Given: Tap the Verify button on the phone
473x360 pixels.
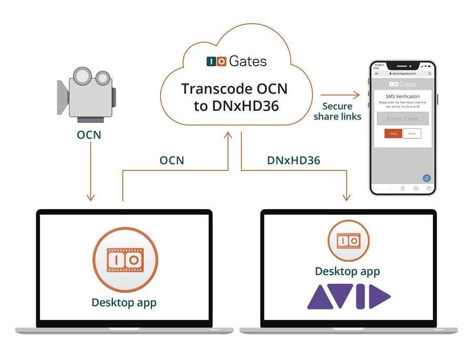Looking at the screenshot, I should click(393, 133).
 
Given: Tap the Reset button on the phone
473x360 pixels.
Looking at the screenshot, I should click(412, 133).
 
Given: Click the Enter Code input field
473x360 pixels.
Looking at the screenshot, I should click(403, 119).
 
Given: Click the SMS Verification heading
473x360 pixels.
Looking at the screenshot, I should click(403, 97).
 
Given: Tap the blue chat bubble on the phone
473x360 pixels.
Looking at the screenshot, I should click(427, 178).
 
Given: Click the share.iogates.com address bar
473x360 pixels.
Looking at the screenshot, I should click(403, 74).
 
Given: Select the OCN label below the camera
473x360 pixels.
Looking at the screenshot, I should click(89, 135).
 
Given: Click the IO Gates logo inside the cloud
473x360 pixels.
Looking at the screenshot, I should click(236, 61).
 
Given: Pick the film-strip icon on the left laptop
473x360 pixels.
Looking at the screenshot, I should click(125, 260).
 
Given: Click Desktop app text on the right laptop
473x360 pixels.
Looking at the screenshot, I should click(347, 271).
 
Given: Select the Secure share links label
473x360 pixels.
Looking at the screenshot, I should click(337, 111).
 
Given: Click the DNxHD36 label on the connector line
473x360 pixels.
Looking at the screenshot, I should click(290, 160).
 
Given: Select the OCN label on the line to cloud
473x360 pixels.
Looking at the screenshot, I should click(172, 160).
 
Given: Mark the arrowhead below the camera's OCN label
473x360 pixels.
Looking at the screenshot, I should click(90, 197).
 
